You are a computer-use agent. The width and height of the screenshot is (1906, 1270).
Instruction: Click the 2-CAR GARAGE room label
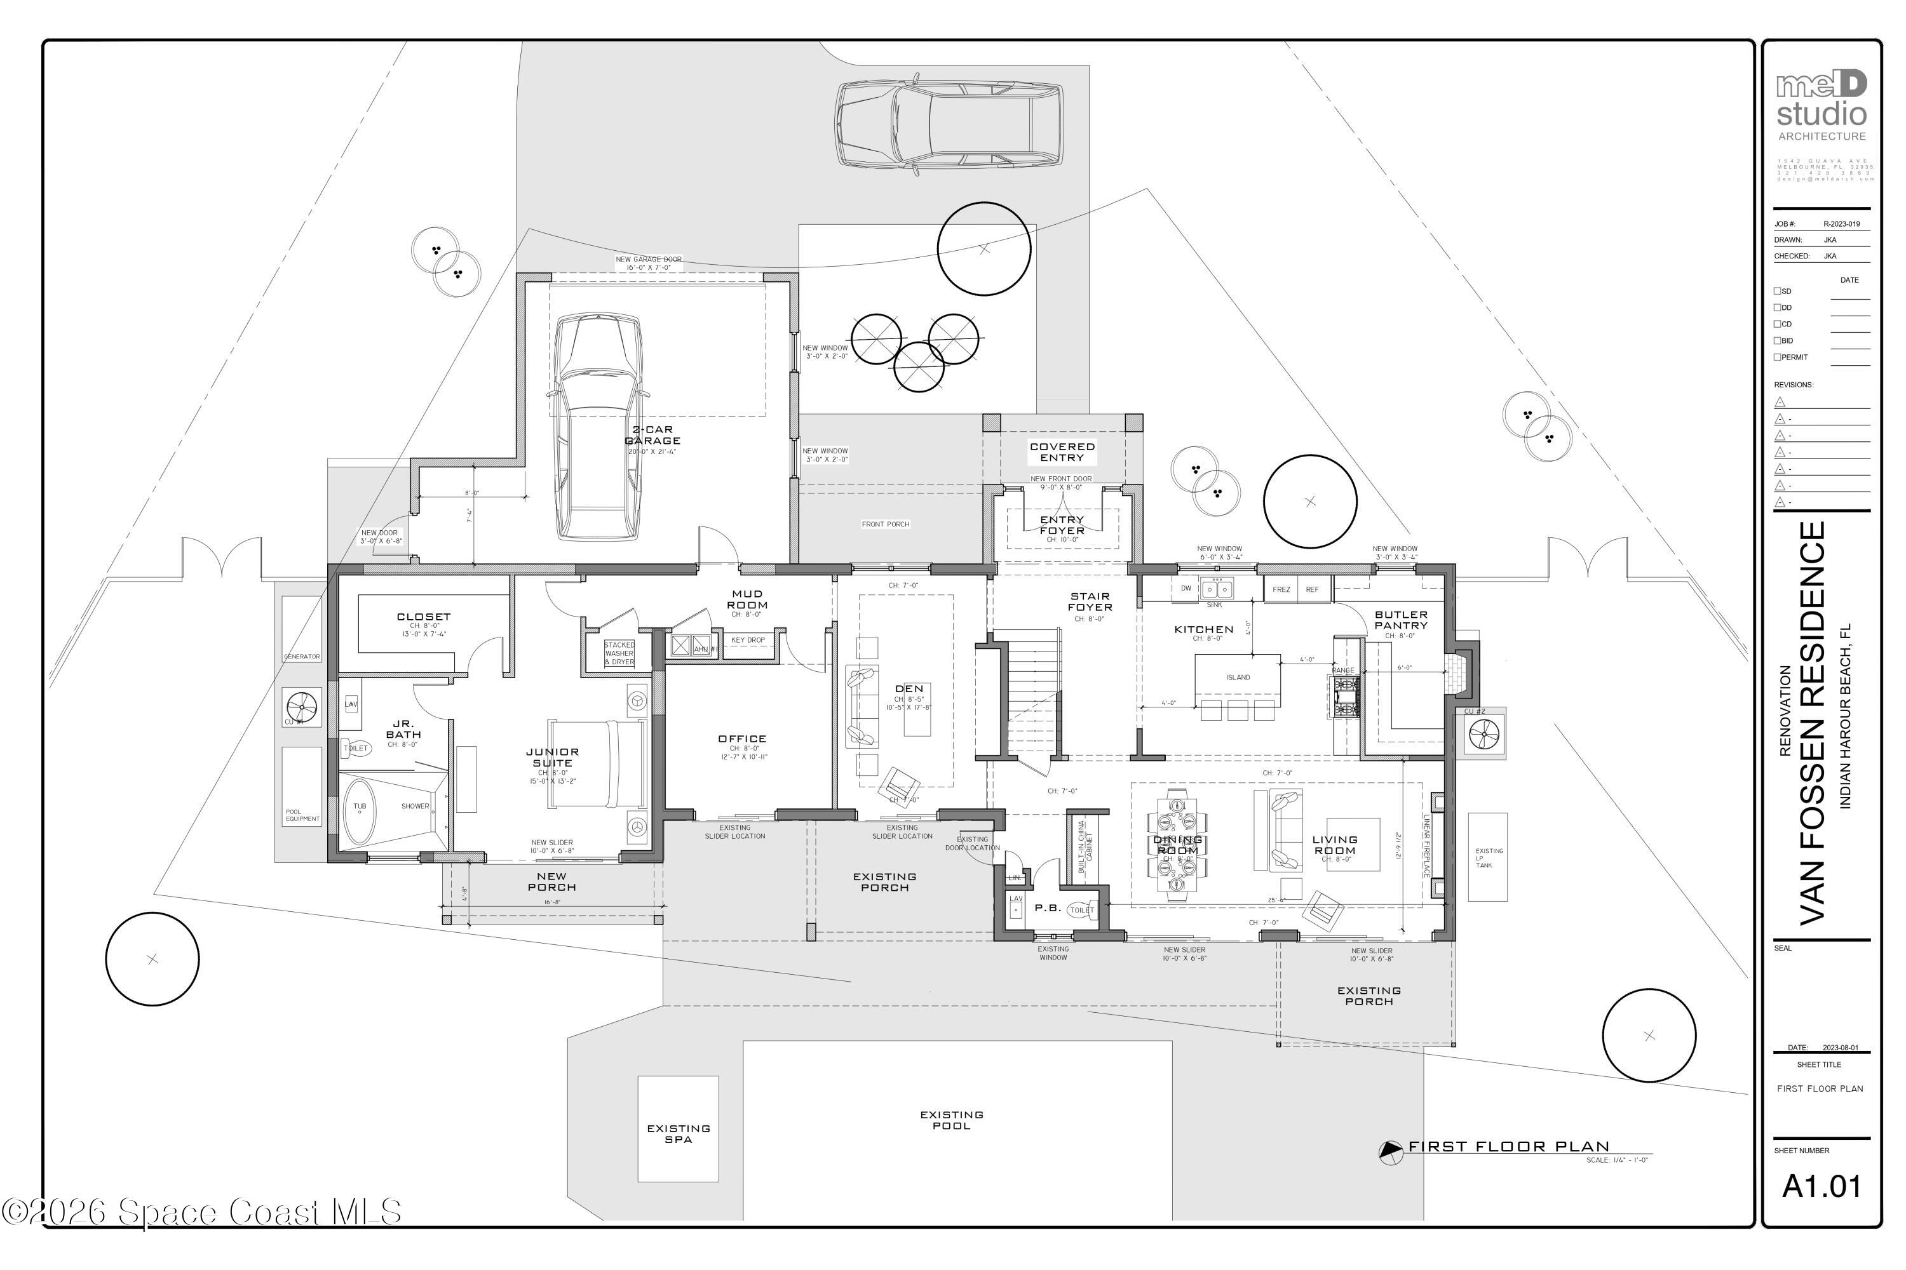coord(652,436)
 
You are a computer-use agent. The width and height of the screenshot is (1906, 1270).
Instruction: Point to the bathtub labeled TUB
coord(360,808)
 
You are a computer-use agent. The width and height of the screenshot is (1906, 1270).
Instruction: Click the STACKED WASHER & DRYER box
coord(619,653)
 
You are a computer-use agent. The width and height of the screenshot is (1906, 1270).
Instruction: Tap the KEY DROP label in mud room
coord(747,640)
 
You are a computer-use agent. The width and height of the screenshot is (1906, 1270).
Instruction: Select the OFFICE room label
coord(741,739)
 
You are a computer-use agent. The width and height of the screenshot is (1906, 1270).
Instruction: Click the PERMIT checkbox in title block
coord(1777,357)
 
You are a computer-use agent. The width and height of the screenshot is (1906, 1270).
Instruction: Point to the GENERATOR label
coord(301,656)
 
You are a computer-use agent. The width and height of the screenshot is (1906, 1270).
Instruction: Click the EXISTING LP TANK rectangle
coord(1488,857)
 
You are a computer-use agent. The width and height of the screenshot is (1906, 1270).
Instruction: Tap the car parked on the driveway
coord(948,124)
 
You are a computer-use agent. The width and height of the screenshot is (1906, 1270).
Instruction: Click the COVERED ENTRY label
coord(1062,452)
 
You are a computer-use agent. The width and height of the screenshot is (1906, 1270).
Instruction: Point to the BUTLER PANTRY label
coord(1400,620)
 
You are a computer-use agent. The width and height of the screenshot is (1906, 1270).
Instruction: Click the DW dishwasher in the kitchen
coord(1186,589)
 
